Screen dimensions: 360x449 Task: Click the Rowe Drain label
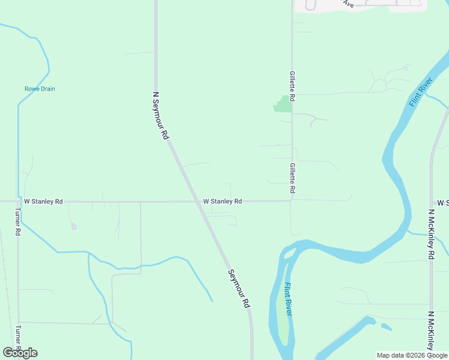[x=40, y=89]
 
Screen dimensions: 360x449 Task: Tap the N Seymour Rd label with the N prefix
[x=160, y=116]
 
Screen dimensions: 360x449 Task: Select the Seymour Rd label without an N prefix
[x=238, y=289]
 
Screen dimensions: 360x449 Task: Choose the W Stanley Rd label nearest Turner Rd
[x=43, y=202]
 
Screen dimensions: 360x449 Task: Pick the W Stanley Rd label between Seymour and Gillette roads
[x=222, y=202]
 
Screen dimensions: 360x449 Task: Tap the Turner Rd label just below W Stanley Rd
[x=18, y=223]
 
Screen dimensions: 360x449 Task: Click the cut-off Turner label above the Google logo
[x=18, y=337]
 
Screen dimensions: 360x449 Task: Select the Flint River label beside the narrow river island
[x=289, y=299]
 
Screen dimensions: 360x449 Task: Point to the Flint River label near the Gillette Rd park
[x=421, y=92]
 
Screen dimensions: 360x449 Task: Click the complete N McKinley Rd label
[x=431, y=234]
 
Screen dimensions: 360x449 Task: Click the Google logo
[x=20, y=353]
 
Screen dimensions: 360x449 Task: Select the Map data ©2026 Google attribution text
[x=412, y=355]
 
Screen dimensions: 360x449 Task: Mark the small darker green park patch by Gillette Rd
[x=283, y=104]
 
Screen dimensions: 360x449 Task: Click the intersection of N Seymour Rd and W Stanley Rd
[x=197, y=202]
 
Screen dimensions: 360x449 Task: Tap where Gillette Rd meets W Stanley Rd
[x=292, y=200]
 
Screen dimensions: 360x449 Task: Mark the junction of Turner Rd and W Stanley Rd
[x=17, y=202]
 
